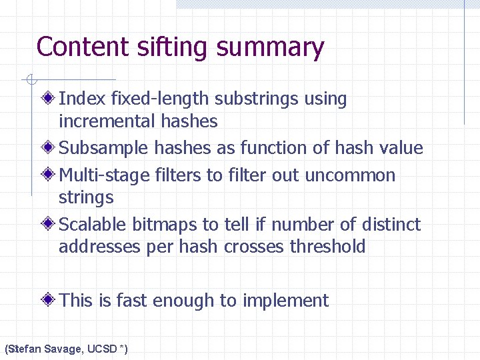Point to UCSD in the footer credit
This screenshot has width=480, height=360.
coord(103,349)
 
